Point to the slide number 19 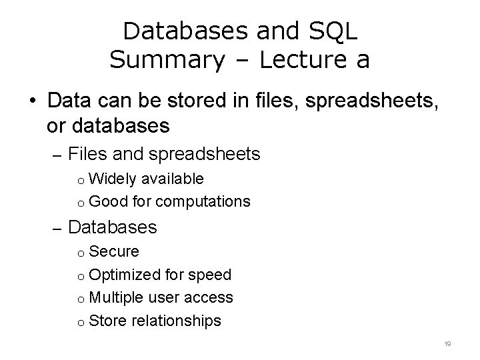click(447, 343)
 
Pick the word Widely click(112, 179)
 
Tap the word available click(171, 179)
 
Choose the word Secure click(113, 252)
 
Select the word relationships click(177, 321)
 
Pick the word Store click(107, 321)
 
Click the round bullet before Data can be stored click(32, 102)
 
